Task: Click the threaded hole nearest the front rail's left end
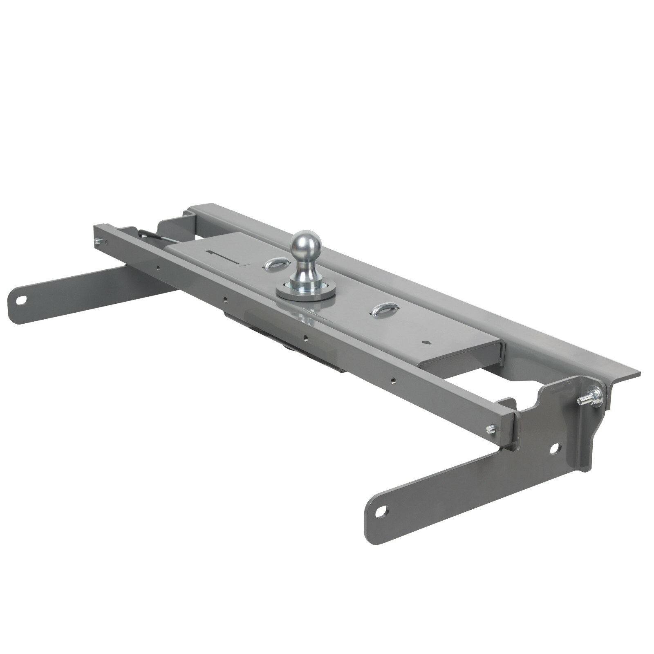157,268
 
